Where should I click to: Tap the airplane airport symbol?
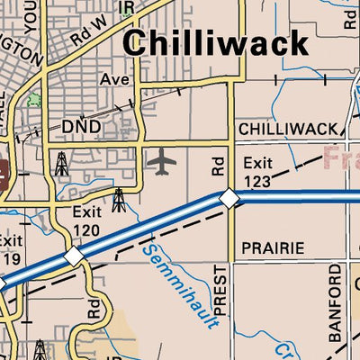(x=162, y=162)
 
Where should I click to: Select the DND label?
(x=81, y=126)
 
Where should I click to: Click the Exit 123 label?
(x=257, y=172)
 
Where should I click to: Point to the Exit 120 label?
(x=86, y=221)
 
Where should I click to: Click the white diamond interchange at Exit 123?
(x=229, y=197)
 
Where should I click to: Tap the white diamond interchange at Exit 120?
(x=74, y=256)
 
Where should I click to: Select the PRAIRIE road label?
(x=273, y=247)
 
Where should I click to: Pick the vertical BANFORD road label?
(x=335, y=303)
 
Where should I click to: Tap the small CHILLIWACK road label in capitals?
(x=288, y=130)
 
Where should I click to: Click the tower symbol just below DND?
(x=61, y=163)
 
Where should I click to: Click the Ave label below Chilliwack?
(x=114, y=79)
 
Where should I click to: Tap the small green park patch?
(x=34, y=97)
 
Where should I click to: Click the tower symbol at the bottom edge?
(x=40, y=349)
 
